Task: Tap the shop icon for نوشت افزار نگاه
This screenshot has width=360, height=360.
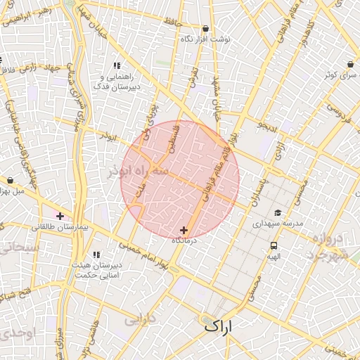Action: tap(205, 29)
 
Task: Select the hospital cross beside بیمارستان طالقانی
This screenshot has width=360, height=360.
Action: tap(60, 216)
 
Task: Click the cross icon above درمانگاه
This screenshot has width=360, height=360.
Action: tap(184, 230)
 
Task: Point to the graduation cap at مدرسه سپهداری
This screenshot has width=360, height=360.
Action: tap(278, 212)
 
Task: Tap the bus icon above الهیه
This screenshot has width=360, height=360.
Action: tap(274, 245)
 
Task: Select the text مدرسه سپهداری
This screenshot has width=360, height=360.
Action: tap(278, 223)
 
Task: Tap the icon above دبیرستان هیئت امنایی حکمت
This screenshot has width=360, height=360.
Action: tap(97, 254)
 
